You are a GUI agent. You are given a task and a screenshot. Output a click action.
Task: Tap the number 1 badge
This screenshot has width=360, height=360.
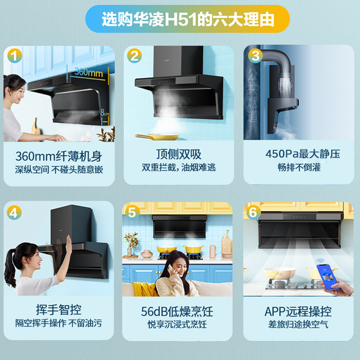point(15,56)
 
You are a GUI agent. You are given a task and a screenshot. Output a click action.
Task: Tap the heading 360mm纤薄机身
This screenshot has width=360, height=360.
point(58,157)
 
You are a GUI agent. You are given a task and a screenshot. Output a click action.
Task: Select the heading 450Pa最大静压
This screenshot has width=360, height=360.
point(302,154)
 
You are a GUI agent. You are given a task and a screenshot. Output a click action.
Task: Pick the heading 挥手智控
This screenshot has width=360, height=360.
point(58,310)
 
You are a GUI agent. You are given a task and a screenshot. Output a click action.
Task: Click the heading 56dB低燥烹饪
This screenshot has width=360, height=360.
point(177,311)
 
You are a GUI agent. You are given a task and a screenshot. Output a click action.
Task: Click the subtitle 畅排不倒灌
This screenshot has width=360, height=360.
point(302,167)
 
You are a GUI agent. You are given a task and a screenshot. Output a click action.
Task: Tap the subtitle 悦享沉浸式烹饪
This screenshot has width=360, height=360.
point(177,324)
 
